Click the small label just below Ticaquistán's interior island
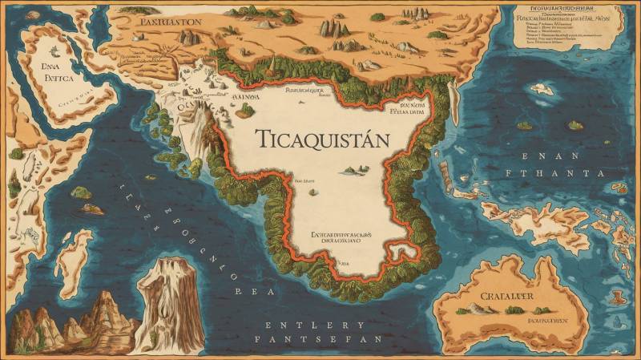[308, 183]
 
